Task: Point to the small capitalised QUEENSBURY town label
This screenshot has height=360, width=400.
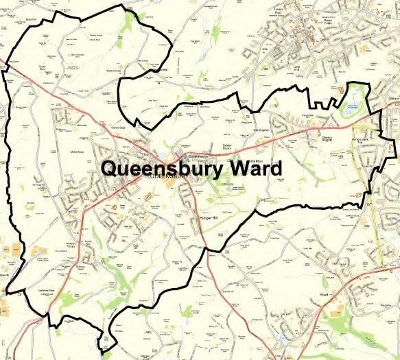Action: point(170,177)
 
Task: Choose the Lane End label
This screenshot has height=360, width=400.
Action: point(297,68)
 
